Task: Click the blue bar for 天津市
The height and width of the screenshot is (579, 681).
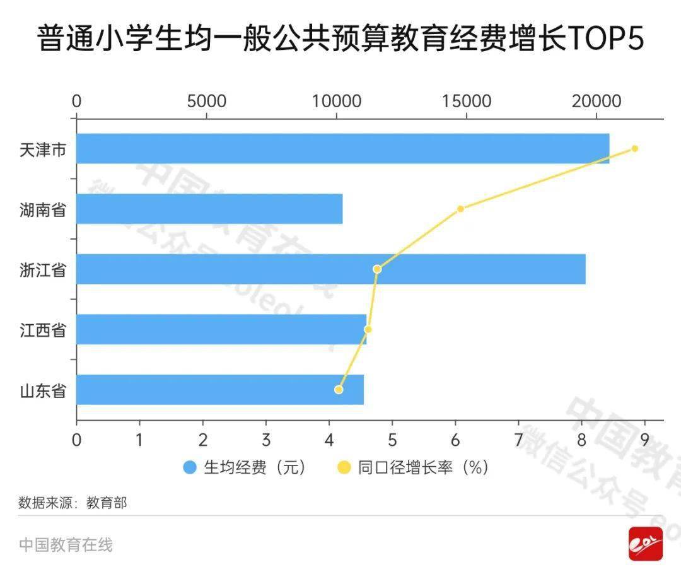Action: click(x=342, y=149)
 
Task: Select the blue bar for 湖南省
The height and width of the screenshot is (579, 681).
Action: click(x=209, y=209)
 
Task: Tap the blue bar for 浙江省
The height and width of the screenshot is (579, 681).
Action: click(x=330, y=269)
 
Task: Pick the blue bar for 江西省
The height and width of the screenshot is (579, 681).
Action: click(x=221, y=329)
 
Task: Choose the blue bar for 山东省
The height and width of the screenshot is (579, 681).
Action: click(x=219, y=390)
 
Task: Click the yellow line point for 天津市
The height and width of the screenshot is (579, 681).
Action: click(x=635, y=149)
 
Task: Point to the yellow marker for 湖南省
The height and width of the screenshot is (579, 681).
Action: click(x=460, y=209)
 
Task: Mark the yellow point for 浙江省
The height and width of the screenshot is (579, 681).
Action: click(x=377, y=269)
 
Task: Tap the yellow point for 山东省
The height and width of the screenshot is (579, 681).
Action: click(x=339, y=390)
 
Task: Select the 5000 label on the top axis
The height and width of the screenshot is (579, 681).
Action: click(x=207, y=102)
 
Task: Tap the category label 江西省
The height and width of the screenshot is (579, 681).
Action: click(x=43, y=330)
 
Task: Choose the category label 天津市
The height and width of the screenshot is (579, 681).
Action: click(x=43, y=149)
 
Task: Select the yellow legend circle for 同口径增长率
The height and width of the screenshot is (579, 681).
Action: click(x=344, y=467)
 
